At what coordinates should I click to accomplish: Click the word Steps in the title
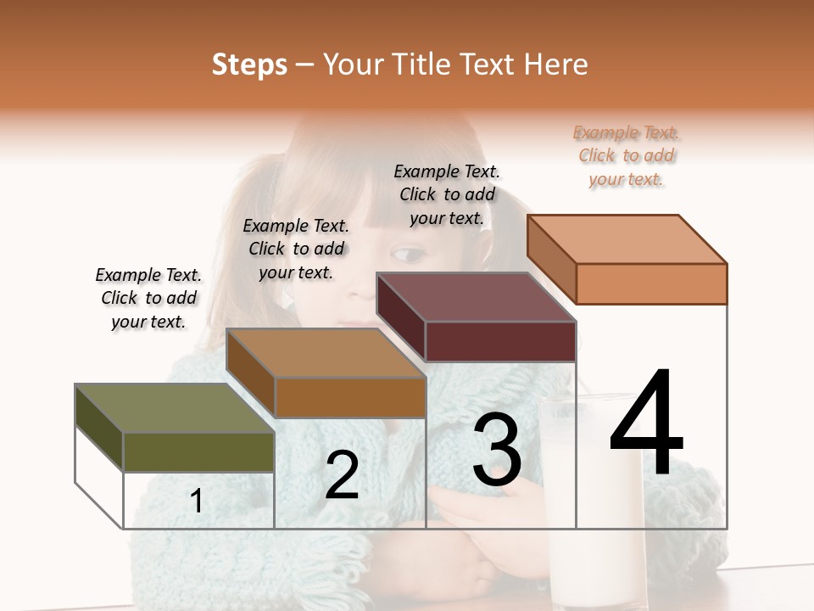249,64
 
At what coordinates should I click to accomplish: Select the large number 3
497,451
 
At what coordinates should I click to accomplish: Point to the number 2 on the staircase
342,475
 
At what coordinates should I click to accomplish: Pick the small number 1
197,502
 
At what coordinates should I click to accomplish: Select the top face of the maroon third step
475,297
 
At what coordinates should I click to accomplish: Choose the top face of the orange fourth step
627,239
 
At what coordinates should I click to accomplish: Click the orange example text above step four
627,156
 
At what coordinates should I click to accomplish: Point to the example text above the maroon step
447,194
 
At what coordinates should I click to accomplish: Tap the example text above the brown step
296,249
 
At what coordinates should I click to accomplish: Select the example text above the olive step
148,298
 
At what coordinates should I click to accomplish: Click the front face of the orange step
651,283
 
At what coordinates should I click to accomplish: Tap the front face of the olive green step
198,451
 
